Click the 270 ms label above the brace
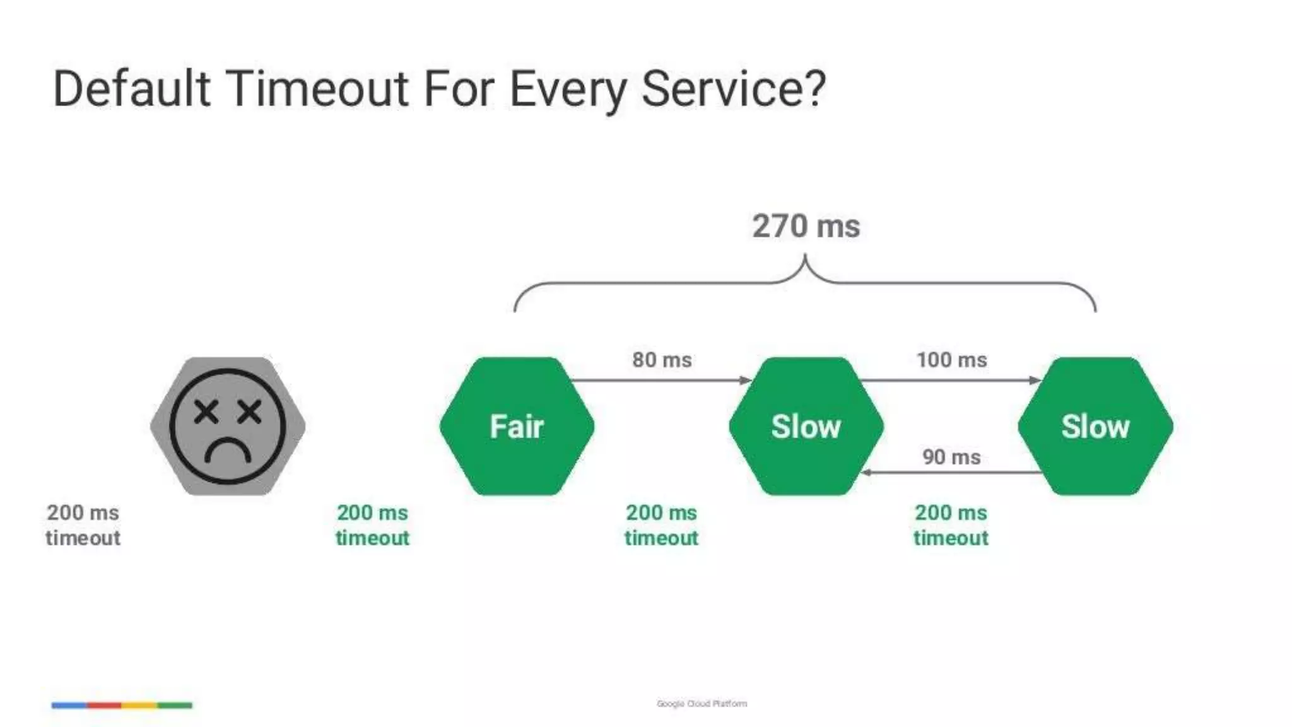[x=806, y=226]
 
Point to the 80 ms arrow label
[x=662, y=360]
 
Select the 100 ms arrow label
[x=951, y=360]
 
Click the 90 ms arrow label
[x=951, y=457]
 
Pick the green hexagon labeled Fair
[x=517, y=427]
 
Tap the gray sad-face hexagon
[x=228, y=427]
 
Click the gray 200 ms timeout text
[x=83, y=525]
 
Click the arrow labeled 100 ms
[x=950, y=380]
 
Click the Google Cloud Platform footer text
[x=702, y=704]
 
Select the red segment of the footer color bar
[x=104, y=705]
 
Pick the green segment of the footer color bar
[x=175, y=705]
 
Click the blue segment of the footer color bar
[x=69, y=705]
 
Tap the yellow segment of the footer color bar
[x=139, y=705]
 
